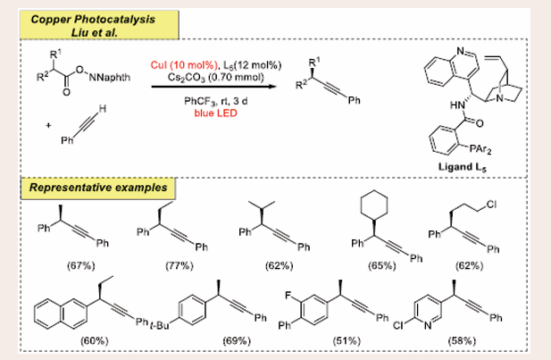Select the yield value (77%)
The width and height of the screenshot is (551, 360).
(x=172, y=265)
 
